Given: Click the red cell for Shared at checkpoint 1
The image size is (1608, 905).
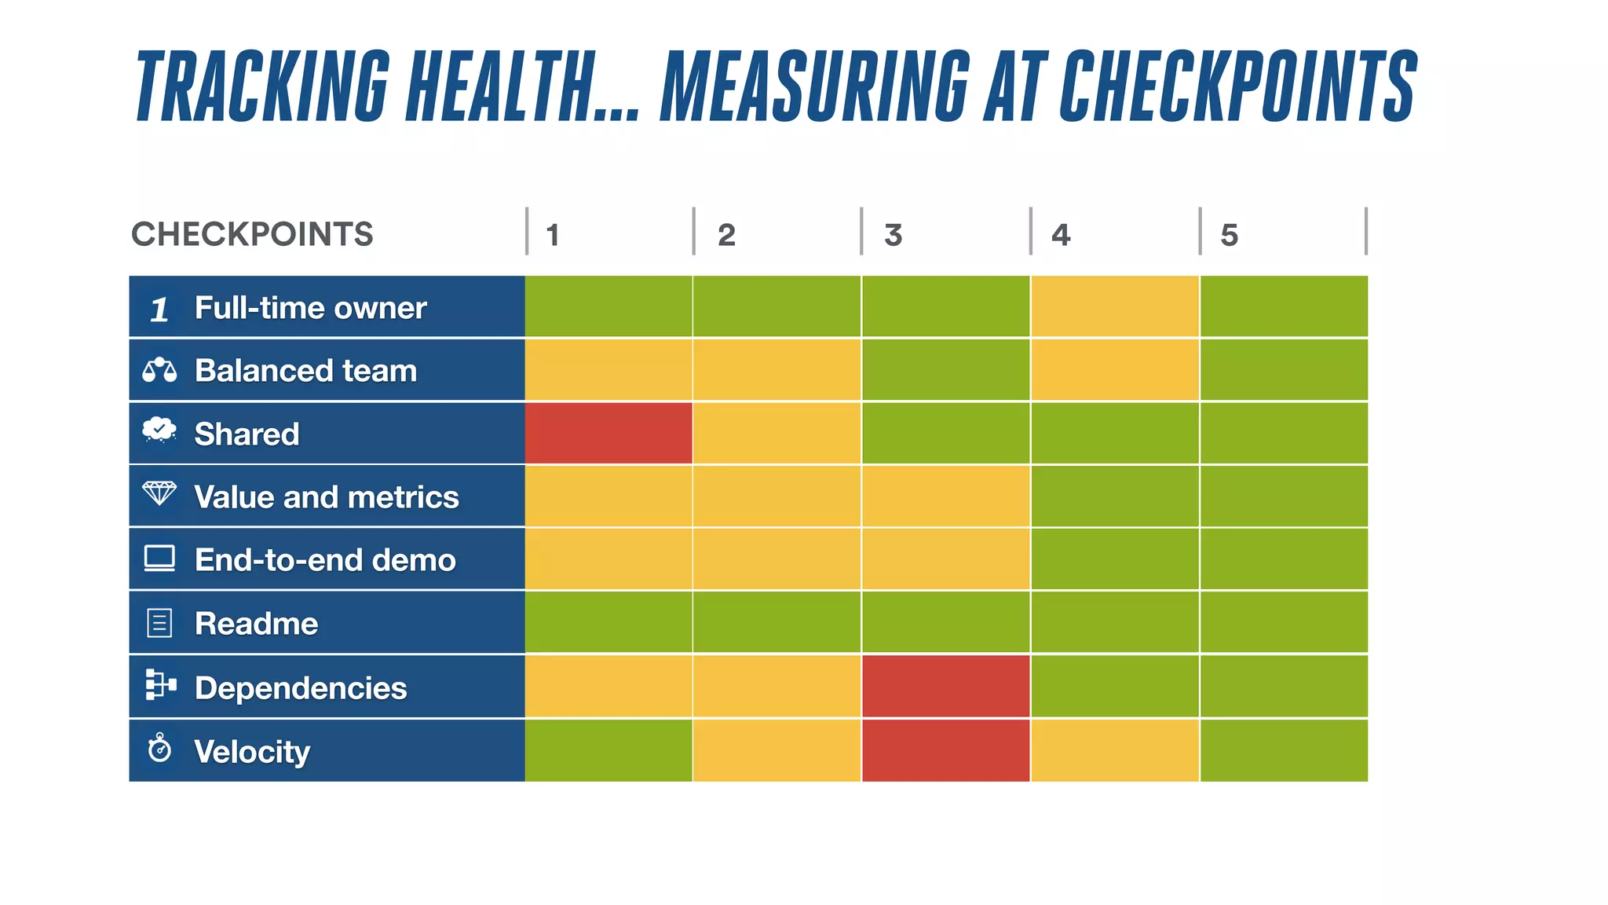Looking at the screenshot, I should click(x=608, y=433).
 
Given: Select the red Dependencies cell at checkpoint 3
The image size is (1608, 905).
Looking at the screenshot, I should click(x=945, y=686).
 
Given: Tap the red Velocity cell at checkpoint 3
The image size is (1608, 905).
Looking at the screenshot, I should click(x=945, y=750).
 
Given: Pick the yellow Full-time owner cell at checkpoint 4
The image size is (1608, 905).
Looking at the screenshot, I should click(x=1114, y=306).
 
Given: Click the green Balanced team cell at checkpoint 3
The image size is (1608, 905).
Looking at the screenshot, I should click(x=945, y=369).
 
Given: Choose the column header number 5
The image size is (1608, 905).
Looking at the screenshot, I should click(x=1229, y=235).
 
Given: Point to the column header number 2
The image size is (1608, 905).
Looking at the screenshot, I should click(x=726, y=235).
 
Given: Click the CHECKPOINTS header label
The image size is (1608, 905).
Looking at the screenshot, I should click(x=252, y=234).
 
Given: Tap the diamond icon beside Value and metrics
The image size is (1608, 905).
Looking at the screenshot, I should click(x=159, y=494).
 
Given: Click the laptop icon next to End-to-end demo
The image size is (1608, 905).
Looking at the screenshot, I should click(x=159, y=559).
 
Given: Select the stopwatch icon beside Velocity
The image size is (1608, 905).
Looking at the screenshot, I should click(x=159, y=748).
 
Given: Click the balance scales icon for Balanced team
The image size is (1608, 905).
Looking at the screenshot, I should click(x=159, y=369).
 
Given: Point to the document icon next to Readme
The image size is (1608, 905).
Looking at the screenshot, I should click(x=159, y=623).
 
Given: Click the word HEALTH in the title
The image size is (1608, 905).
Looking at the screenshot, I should click(x=501, y=86).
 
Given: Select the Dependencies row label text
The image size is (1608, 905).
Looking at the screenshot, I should click(x=301, y=687).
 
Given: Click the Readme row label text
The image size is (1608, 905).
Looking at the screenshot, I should click(x=256, y=623).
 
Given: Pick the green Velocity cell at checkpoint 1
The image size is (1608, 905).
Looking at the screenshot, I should click(x=608, y=750).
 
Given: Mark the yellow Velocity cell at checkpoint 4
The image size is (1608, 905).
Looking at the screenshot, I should click(x=1114, y=750).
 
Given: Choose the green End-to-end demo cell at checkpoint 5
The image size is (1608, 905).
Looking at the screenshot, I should click(x=1284, y=559).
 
